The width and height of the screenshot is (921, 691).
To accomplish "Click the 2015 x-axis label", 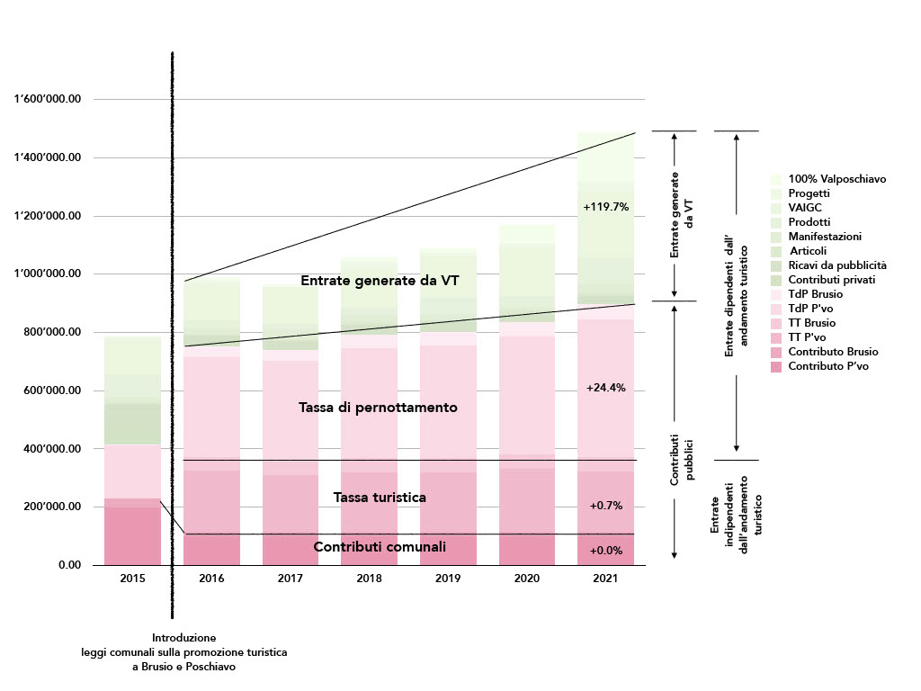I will click(x=132, y=579).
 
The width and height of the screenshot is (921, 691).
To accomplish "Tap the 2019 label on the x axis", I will click(x=447, y=579).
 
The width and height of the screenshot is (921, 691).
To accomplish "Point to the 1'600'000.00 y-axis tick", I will click(x=48, y=100).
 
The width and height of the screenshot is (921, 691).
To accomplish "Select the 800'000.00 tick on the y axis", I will click(x=52, y=333).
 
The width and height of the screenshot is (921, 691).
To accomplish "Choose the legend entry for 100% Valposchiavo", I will click(x=837, y=179).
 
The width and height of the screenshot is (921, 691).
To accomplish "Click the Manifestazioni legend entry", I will click(x=825, y=237).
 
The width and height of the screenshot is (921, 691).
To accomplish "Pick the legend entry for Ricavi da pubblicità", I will click(x=837, y=265).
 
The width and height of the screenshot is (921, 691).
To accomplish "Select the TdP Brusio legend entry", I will click(x=815, y=294).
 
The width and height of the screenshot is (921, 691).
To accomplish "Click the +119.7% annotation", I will click(x=605, y=207).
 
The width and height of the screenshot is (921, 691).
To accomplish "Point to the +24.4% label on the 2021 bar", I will click(x=605, y=389).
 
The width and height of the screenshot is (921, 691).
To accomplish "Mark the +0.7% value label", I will click(x=606, y=506).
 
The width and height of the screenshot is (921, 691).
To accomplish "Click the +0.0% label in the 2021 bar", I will click(x=606, y=550).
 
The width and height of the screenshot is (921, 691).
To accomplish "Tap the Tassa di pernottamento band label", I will click(x=378, y=408).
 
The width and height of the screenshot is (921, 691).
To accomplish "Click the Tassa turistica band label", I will click(x=379, y=498).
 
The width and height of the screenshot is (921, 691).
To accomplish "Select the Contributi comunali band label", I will click(x=380, y=547).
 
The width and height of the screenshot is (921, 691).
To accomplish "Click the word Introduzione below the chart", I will click(x=183, y=637).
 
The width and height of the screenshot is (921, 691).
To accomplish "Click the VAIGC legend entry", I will click(x=806, y=208).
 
